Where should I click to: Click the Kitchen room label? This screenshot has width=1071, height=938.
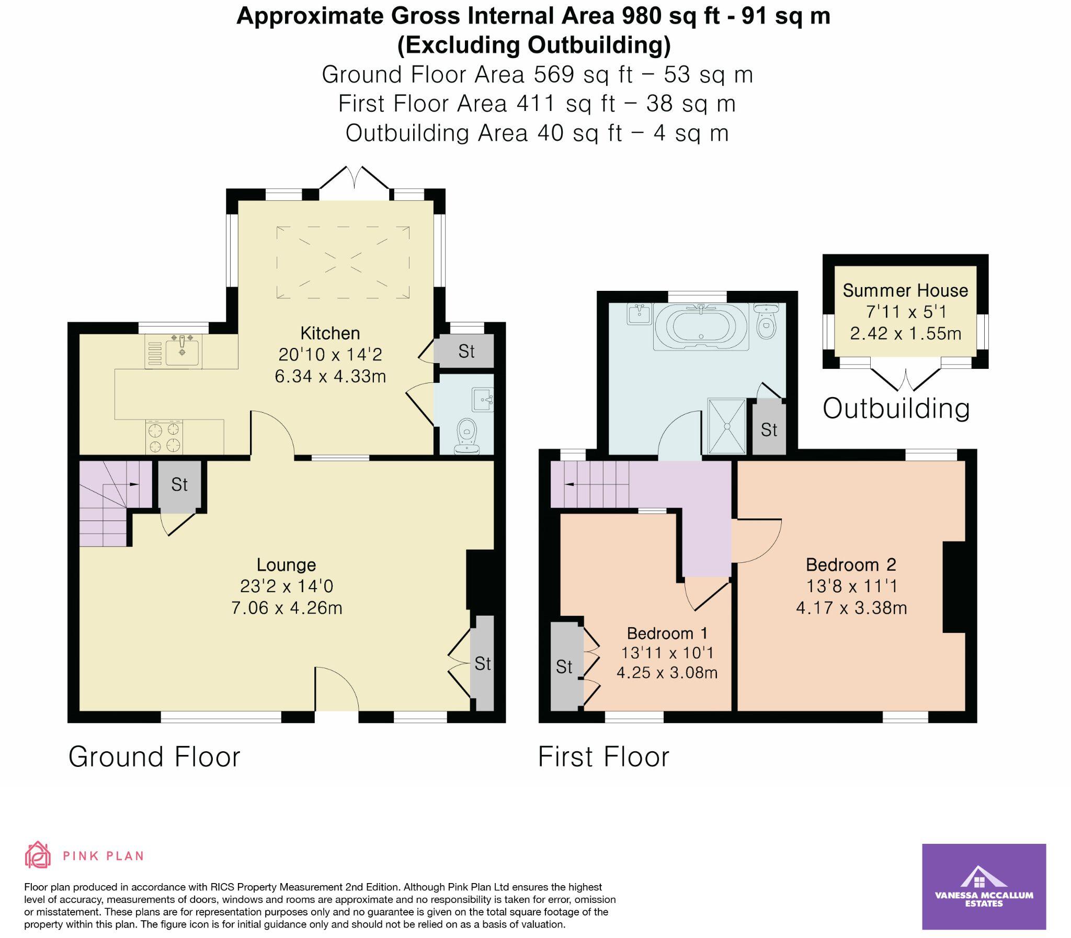point(329,333)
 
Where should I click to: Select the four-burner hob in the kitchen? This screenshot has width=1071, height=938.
point(164,437)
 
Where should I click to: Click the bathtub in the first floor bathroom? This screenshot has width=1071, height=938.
point(701,327)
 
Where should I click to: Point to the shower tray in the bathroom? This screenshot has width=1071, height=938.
point(726,426)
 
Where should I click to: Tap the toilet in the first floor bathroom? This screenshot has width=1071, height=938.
point(767,322)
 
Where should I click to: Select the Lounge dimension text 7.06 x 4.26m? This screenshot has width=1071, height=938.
point(287,608)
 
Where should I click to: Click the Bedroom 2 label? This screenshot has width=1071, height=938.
point(851,565)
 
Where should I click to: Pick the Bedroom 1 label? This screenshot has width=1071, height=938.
point(667,634)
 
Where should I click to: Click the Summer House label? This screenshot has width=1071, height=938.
point(905,290)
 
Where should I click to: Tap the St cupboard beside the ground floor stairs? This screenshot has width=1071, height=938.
point(179,485)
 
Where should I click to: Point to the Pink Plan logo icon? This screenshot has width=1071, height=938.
point(38,855)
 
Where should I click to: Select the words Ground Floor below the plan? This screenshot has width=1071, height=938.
point(154,757)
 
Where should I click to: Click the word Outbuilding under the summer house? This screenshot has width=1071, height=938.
point(896,409)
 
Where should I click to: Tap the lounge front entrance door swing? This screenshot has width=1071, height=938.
point(336,688)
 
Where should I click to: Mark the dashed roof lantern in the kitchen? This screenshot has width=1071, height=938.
point(343,262)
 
